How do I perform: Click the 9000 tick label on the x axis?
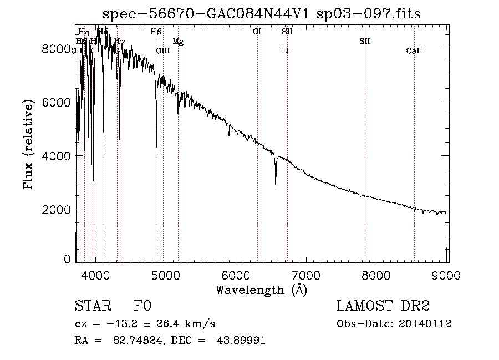click(x=447, y=274)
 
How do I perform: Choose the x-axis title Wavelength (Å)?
click(x=261, y=290)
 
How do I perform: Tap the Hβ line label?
click(x=156, y=32)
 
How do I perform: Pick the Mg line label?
click(x=177, y=42)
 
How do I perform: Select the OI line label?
click(x=257, y=32)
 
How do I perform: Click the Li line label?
click(x=286, y=51)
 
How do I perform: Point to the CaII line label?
click(x=414, y=51)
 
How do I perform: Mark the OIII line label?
click(x=162, y=51)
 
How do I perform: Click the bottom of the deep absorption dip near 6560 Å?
click(x=276, y=186)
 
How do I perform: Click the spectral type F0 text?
click(x=142, y=306)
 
